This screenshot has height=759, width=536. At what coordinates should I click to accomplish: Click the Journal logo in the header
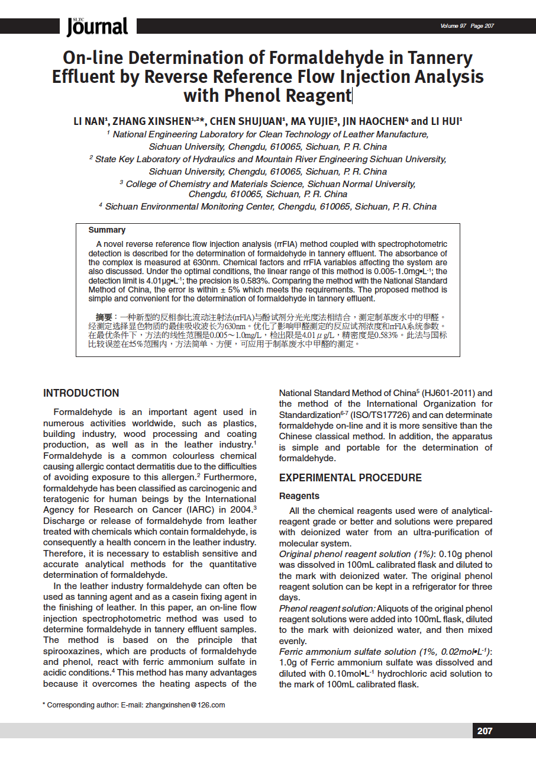click(97, 26)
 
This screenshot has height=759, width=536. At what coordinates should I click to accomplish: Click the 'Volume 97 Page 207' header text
click(467, 26)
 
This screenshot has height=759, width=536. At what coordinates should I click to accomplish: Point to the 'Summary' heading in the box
click(106, 230)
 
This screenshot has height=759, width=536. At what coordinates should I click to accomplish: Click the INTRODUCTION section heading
click(81, 393)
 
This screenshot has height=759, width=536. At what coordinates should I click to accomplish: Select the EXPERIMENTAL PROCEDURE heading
click(350, 478)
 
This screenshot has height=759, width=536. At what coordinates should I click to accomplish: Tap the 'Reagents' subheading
click(299, 496)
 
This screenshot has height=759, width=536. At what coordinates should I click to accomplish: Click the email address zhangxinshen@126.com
click(185, 705)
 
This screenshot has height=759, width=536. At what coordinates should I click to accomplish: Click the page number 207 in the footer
click(485, 731)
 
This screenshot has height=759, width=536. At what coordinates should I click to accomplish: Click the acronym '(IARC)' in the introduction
click(184, 510)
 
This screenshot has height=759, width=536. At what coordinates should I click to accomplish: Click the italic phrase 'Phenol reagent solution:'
click(327, 609)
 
